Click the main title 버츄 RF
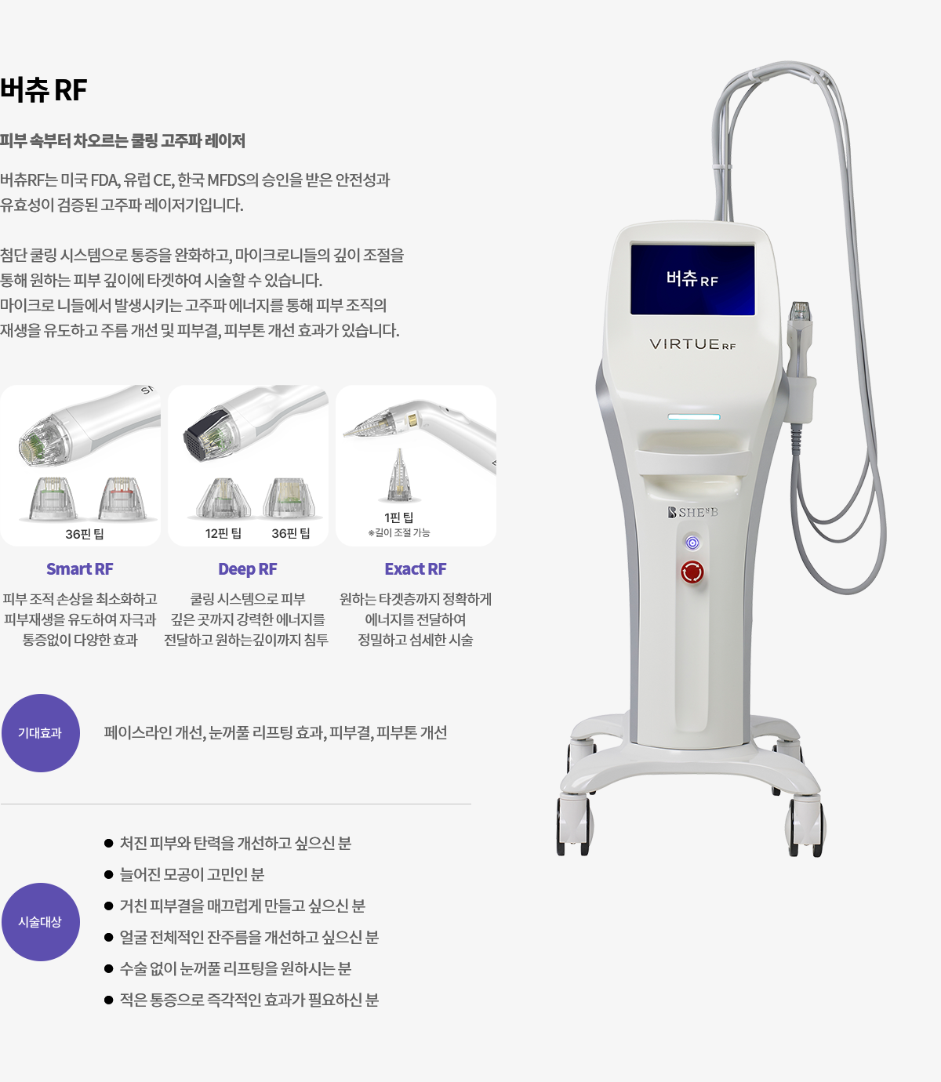coord(43,90)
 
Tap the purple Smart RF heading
coord(80,569)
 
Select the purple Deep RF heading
coord(248,569)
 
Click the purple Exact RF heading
coord(416,569)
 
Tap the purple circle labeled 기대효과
coord(41,733)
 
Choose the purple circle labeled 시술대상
coord(41,922)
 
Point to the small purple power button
coord(692,543)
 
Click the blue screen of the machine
coord(692,279)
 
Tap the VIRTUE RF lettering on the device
coord(692,344)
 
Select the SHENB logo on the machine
coord(693,512)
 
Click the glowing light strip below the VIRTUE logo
coord(694,417)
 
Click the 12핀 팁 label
coord(223,533)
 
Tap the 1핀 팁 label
coord(399,517)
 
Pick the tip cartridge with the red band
coord(122,498)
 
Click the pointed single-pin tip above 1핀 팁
coord(399,474)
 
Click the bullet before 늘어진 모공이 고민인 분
coord(109,875)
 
